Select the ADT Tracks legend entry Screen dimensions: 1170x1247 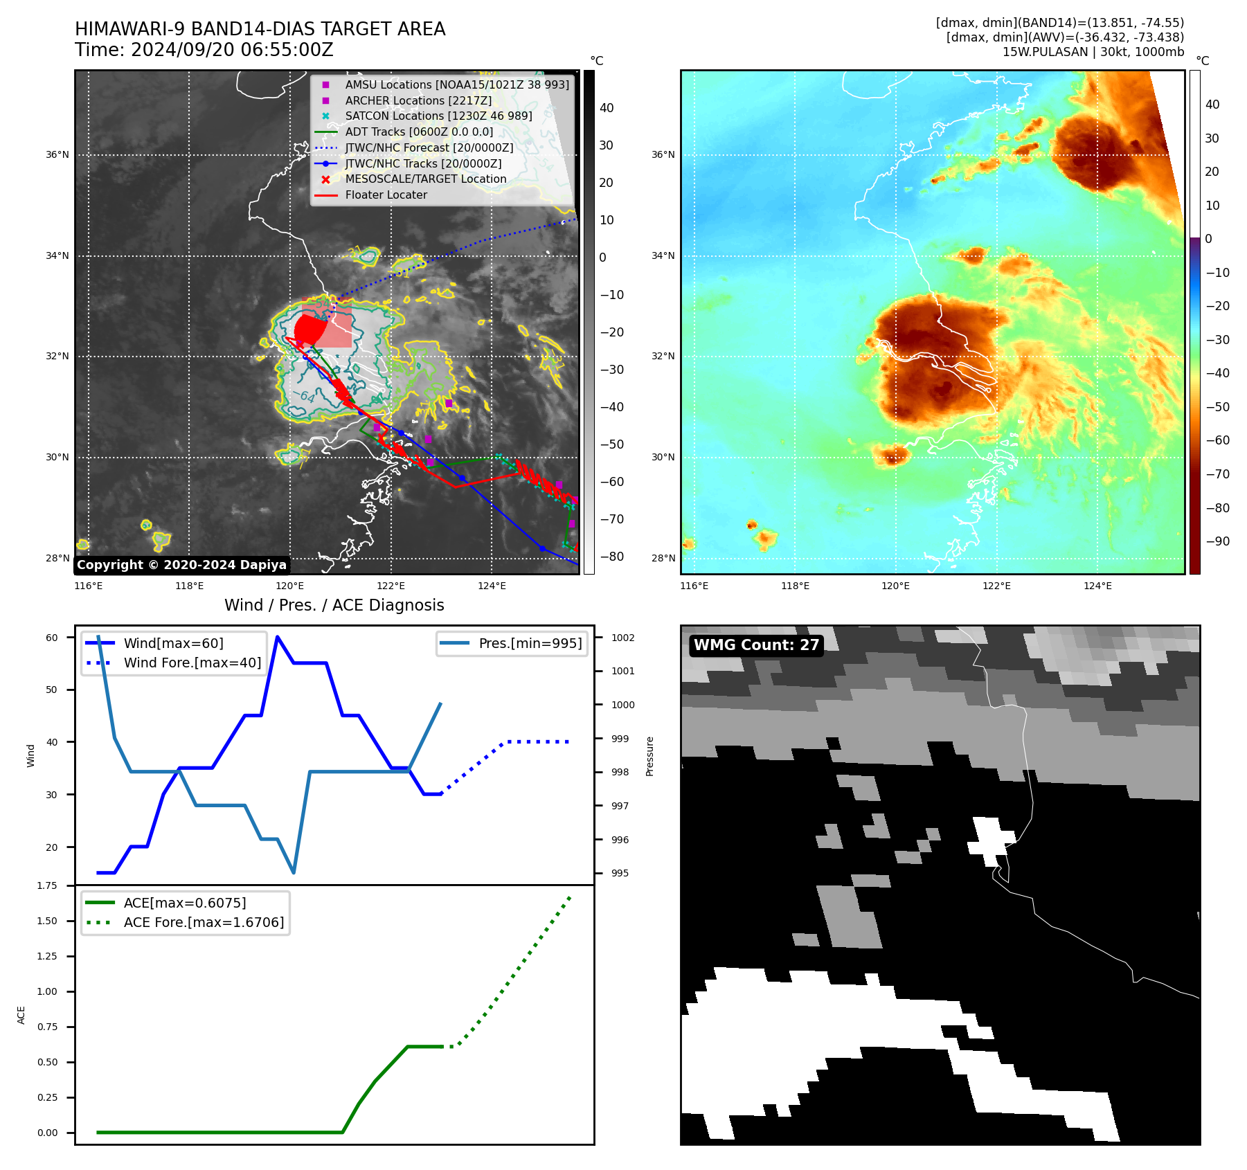coord(419,132)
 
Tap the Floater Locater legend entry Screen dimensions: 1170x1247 coord(386,195)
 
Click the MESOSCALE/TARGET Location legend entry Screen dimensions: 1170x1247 coord(425,179)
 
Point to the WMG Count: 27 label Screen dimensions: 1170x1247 coord(756,645)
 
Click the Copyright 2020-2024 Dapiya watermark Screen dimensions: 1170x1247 coord(181,565)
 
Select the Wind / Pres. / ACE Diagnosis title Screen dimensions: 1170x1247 coord(334,605)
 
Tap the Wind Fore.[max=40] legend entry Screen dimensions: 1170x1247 coord(192,663)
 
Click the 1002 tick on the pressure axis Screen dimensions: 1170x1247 coord(622,638)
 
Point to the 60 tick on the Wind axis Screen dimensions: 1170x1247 coord(52,638)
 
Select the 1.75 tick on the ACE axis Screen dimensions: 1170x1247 coord(47,885)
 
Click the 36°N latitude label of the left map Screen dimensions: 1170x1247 coord(57,154)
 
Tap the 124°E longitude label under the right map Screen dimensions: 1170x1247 coord(1097,586)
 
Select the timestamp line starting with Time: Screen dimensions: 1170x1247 coord(204,50)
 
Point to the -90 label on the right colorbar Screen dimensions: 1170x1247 coord(1217,541)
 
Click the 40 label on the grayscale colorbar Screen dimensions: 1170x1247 coord(607,107)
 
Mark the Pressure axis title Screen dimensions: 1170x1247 coord(649,756)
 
